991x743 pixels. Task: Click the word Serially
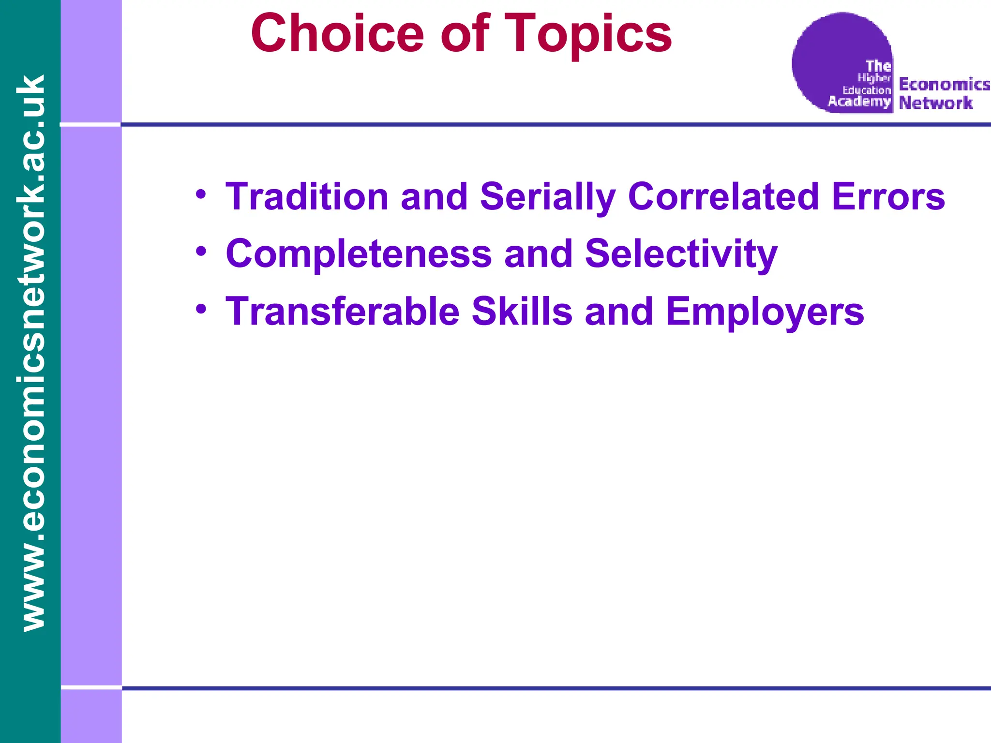(547, 197)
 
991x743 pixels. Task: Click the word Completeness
(359, 254)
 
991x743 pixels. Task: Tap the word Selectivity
(681, 254)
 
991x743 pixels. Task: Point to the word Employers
(765, 312)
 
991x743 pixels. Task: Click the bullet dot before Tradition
(201, 195)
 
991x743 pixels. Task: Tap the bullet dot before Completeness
(201, 252)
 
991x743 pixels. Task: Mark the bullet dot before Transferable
(201, 309)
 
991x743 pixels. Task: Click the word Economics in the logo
(944, 84)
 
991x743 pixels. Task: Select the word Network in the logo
(935, 103)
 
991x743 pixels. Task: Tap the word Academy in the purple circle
(859, 101)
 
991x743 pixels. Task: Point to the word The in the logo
(878, 66)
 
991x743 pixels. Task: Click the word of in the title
(465, 34)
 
